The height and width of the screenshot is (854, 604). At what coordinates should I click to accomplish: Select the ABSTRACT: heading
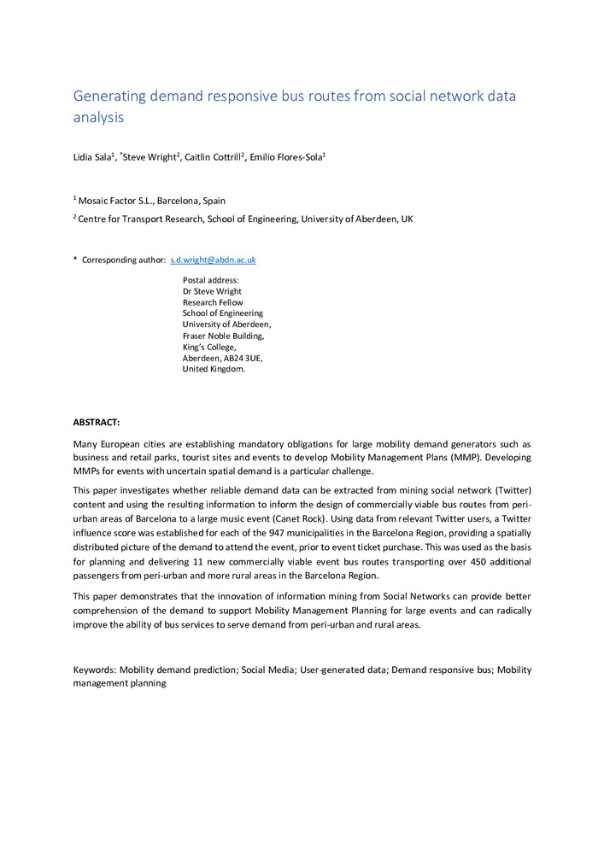tap(97, 422)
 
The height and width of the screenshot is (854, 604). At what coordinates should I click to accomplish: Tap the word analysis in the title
tap(98, 117)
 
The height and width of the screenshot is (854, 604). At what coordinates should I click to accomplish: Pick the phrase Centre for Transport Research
tap(137, 219)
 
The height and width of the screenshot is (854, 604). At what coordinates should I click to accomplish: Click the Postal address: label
tap(210, 280)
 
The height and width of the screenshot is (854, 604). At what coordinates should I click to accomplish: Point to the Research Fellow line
tap(213, 302)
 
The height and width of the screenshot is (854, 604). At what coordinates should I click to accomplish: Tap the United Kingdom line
tap(214, 369)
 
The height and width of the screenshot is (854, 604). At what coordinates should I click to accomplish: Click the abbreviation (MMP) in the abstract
tap(512, 457)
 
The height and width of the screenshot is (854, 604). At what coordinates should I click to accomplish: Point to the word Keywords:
tap(95, 670)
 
